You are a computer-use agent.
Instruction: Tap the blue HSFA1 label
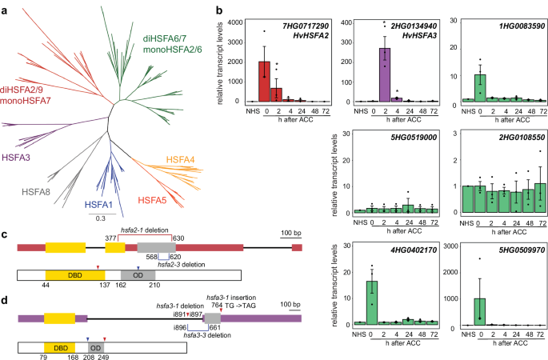(x=103, y=203)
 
